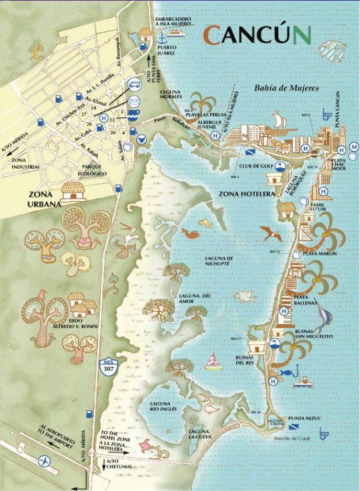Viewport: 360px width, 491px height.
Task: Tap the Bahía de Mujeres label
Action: coord(287,88)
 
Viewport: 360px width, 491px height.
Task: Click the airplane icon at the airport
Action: coord(44,460)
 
